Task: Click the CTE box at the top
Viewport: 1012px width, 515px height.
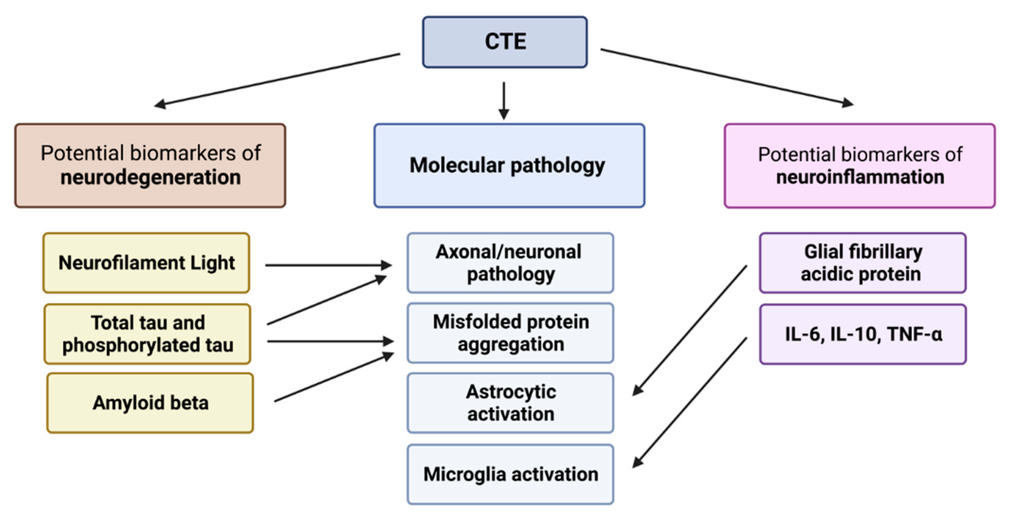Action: [505, 42]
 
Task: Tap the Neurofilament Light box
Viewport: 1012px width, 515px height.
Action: [146, 263]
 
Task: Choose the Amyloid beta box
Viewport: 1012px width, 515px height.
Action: [150, 403]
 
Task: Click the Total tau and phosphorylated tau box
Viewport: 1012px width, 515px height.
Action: [147, 334]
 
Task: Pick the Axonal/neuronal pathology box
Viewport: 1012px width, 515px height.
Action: [510, 263]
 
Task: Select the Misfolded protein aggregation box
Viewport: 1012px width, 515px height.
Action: [510, 332]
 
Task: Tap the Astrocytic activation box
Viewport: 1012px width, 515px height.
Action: [510, 403]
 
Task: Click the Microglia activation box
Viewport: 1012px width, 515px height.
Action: [510, 474]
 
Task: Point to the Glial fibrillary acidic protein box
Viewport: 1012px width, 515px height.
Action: [862, 263]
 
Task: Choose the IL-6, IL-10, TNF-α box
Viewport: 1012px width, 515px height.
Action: [862, 334]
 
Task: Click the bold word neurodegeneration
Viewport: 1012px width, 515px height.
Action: [150, 177]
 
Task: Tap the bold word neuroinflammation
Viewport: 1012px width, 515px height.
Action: [860, 177]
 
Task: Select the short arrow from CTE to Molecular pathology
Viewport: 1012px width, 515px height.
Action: [504, 100]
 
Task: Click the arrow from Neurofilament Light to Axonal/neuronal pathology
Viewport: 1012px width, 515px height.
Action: [328, 265]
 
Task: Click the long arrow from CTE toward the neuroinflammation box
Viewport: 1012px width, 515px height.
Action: [727, 77]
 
